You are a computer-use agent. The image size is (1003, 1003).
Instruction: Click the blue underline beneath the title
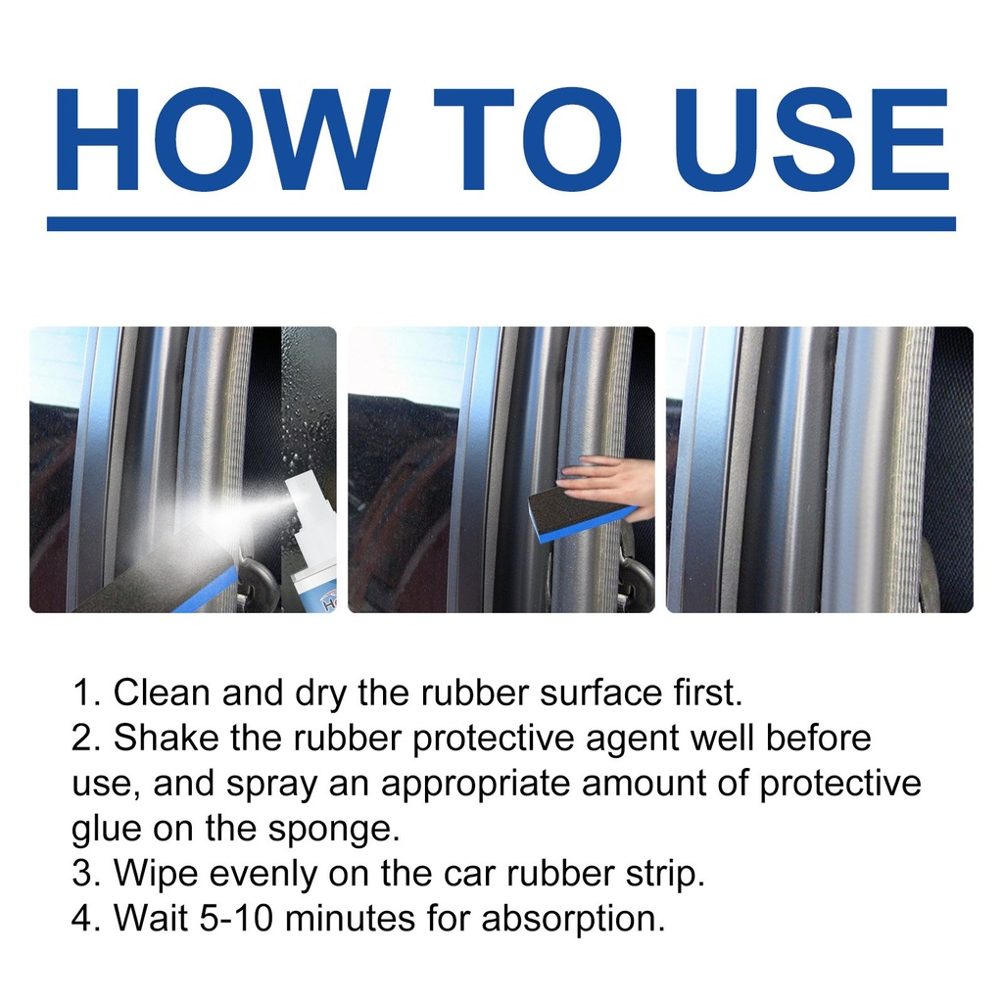[501, 223]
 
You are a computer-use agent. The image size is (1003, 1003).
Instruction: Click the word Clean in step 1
[162, 693]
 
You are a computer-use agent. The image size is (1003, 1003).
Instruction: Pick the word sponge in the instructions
[333, 830]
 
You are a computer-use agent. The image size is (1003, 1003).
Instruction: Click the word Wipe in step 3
[156, 873]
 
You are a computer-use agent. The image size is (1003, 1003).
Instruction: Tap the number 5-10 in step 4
[236, 919]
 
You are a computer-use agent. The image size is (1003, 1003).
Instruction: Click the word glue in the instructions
[106, 830]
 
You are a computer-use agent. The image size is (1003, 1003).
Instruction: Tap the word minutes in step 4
[350, 919]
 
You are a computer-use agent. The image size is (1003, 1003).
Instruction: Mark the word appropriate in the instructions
[475, 785]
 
